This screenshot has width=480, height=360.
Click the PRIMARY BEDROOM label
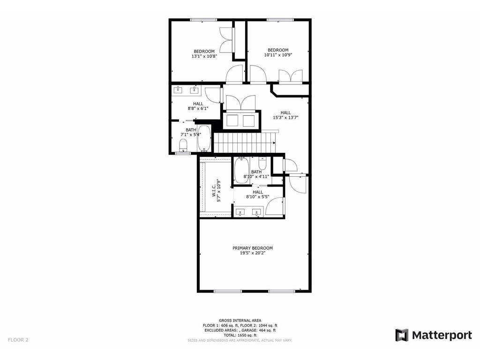(253, 248)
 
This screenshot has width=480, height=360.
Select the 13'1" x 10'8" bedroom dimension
(204, 56)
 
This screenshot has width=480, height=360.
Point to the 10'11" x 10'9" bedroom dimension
(278, 55)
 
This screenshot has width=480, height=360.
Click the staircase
(244, 142)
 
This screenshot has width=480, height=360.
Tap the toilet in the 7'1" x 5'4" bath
(184, 145)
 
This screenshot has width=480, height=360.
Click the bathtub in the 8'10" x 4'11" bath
(241, 170)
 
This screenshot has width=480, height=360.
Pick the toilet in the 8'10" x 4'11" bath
(262, 164)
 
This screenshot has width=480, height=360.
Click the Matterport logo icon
(402, 335)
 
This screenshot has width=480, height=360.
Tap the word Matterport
(442, 335)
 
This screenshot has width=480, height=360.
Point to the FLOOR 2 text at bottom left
(18, 340)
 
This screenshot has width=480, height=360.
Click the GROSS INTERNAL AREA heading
(240, 320)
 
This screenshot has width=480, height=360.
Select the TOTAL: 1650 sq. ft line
(240, 335)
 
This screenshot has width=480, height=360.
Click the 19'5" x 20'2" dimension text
(253, 253)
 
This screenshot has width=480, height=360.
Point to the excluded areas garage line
(240, 330)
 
